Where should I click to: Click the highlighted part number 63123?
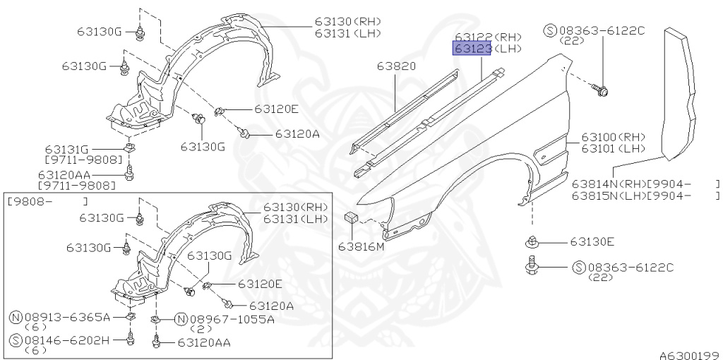(472, 48)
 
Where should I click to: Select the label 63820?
(397, 66)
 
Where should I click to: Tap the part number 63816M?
(361, 246)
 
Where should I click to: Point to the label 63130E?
(592, 242)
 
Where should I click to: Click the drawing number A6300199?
(689, 354)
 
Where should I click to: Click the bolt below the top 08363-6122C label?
(604, 90)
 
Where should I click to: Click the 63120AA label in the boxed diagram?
(204, 342)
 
